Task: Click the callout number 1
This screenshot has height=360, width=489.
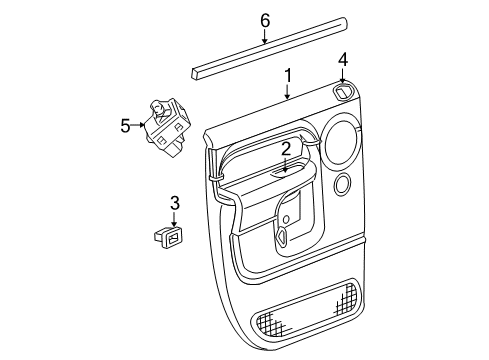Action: pos(288,75)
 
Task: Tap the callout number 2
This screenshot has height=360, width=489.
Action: pos(286,148)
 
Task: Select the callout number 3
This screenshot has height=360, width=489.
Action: pos(174,204)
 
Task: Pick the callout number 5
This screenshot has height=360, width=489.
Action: pos(126,125)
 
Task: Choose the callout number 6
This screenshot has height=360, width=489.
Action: pos(265,20)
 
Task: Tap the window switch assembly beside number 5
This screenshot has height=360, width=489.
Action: pos(168,125)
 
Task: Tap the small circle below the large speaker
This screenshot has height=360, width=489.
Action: pos(343,184)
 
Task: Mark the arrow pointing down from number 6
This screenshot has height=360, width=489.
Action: pos(265,38)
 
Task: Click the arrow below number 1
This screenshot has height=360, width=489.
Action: pos(288,93)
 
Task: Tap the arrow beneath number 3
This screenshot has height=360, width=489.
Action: pos(174,220)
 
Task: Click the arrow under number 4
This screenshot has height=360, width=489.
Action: pos(342,75)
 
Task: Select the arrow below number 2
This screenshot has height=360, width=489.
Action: pos(286,165)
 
